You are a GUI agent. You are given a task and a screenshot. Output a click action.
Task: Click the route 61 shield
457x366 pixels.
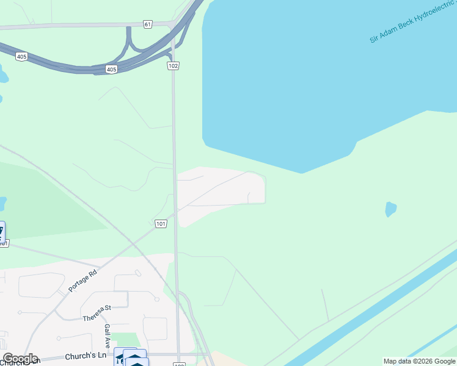[x=148, y=24]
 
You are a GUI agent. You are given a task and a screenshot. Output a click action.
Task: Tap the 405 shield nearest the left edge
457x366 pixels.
[x=21, y=57]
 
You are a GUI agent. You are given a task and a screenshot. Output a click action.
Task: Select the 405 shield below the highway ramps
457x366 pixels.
[x=111, y=70]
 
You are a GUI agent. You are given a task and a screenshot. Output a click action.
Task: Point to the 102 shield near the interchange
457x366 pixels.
[x=174, y=65]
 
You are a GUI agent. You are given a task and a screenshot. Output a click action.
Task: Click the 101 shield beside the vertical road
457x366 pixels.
[x=161, y=224]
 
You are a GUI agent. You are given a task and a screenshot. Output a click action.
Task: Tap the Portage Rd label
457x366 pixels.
[x=84, y=281]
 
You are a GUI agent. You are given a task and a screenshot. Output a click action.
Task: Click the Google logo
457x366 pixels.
[x=20, y=359]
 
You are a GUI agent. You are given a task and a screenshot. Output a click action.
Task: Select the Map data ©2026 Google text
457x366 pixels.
[x=419, y=361]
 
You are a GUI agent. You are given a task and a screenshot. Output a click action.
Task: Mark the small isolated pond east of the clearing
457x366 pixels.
[x=390, y=209]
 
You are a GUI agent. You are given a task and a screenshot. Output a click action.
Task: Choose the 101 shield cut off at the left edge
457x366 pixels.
[x=4, y=243]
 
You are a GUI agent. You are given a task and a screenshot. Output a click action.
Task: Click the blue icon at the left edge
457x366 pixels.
[x=2, y=231]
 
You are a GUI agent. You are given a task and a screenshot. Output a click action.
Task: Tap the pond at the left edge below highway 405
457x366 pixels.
[x=3, y=76]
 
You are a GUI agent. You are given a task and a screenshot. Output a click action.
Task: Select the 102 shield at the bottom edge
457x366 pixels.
[x=179, y=364]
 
